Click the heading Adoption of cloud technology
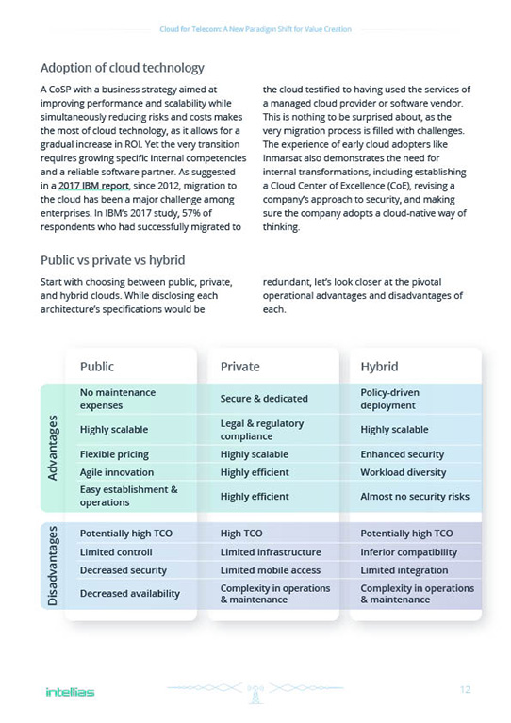point(122,68)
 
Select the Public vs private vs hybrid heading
point(112,260)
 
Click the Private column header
point(239,367)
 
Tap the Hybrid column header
point(379,367)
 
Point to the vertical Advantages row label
point(55,449)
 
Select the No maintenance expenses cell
point(118,399)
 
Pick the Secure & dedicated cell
point(261,399)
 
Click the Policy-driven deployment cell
point(389,399)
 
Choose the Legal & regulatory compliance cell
point(261,430)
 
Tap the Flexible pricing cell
point(114,454)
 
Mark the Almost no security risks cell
point(414,496)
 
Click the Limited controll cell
point(116,552)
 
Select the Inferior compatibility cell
point(408,552)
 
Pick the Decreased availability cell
point(129,594)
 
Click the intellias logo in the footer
point(70,692)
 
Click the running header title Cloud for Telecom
point(255,29)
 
